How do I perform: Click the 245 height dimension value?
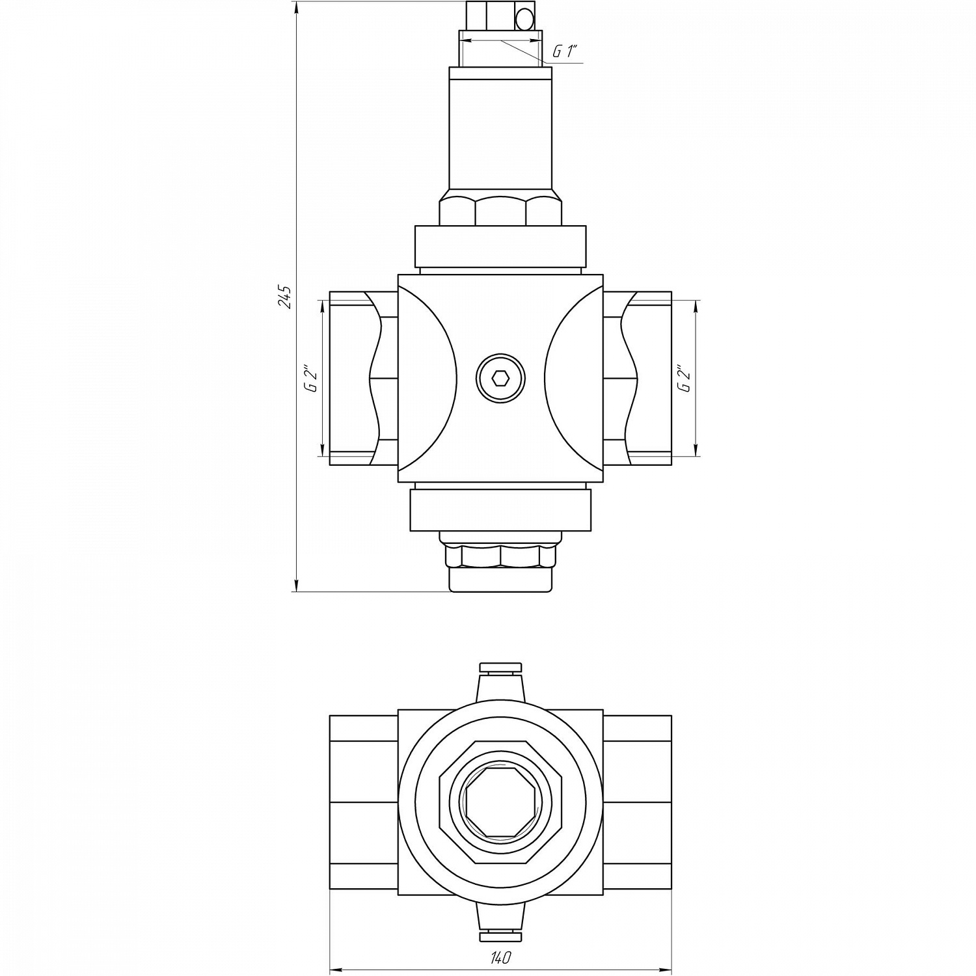[x=284, y=296]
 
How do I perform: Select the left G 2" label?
[x=313, y=378]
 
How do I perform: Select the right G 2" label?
[x=684, y=378]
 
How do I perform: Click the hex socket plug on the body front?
[x=500, y=378]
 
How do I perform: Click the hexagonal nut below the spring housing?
[x=500, y=210]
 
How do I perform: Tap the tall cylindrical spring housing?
[x=500, y=130]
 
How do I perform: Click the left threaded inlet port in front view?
[x=355, y=378]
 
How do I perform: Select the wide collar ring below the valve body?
[x=500, y=509]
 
